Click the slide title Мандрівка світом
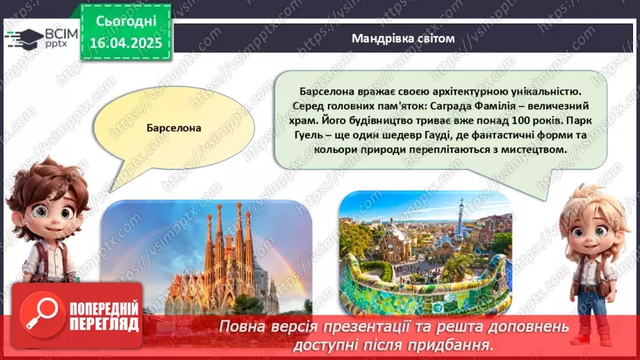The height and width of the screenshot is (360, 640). pyautogui.click(x=403, y=38)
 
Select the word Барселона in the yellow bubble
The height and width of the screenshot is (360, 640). pyautogui.click(x=174, y=128)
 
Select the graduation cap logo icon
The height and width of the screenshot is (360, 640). pyautogui.click(x=23, y=38)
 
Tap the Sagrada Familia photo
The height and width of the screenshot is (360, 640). pyautogui.click(x=207, y=257)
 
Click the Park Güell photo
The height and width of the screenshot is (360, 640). pyautogui.click(x=425, y=252)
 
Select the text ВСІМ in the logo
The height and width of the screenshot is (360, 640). pyautogui.click(x=58, y=33)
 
